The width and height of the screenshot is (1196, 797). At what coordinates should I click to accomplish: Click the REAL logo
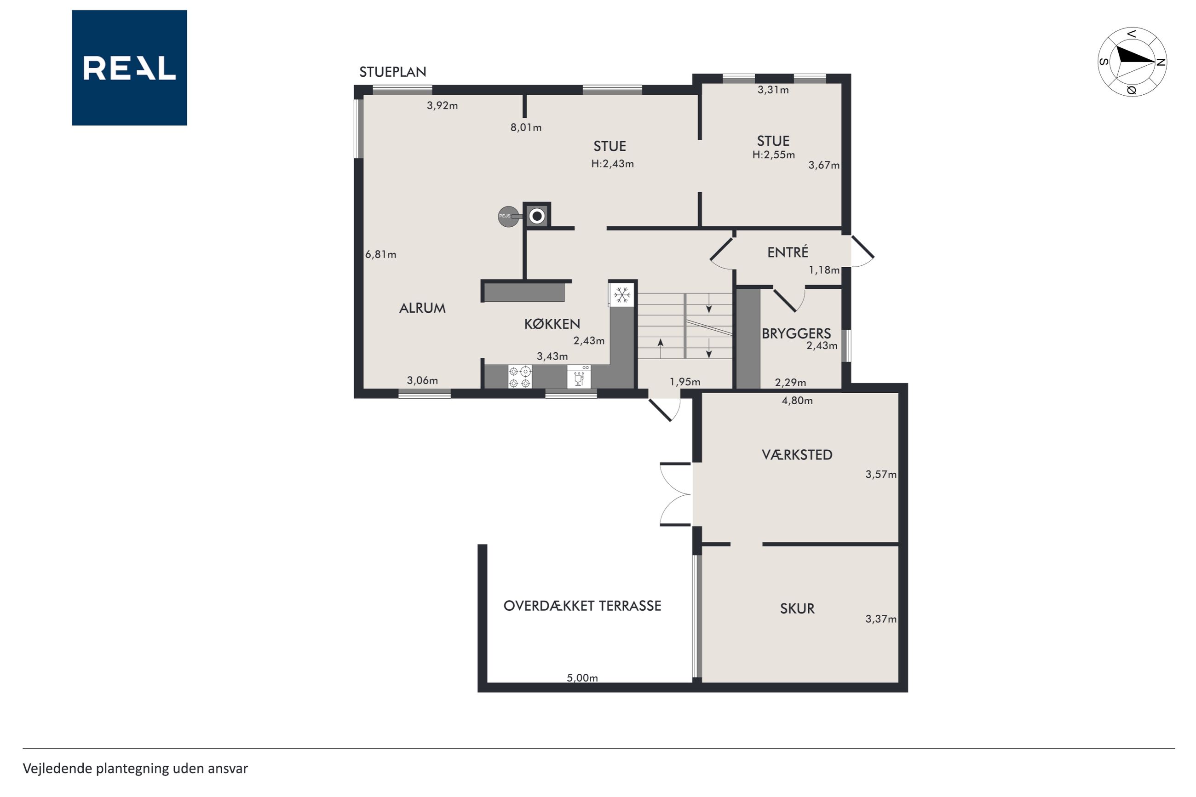129,68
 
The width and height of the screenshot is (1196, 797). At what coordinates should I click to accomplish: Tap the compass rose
1132,62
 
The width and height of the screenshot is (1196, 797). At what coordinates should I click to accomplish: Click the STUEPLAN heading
392,72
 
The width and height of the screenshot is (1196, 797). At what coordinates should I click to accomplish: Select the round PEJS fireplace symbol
508,217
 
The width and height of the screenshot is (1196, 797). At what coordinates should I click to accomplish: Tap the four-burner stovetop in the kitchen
519,377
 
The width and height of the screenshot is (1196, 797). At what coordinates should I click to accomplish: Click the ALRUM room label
422,308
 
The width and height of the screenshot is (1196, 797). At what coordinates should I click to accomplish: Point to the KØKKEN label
552,324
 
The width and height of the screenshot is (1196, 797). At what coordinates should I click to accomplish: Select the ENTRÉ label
788,252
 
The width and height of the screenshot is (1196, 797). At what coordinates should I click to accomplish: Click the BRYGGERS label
796,333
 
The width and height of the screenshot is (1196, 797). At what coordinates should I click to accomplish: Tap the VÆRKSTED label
797,454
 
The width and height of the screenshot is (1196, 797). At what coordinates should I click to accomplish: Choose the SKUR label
797,608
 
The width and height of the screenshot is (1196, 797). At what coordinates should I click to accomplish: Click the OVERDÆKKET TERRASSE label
582,605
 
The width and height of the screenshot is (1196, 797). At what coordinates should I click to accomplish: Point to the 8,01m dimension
526,127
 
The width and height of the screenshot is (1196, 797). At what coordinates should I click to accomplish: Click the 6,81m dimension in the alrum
380,254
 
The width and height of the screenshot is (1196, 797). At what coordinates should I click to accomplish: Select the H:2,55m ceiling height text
774,155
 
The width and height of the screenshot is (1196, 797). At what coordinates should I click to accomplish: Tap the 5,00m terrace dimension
582,677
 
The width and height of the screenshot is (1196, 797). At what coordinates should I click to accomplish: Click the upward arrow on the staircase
660,349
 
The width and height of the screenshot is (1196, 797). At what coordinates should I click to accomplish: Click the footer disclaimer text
135,768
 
